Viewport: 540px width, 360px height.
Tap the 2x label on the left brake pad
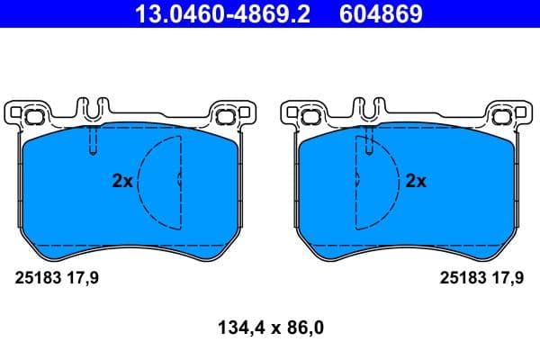pos(121,181)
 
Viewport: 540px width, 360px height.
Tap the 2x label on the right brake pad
pos(415,181)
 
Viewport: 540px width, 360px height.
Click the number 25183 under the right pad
pos(461,279)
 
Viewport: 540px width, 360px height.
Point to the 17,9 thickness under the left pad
pos(83,279)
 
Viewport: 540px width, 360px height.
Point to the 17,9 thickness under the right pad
pos(507,279)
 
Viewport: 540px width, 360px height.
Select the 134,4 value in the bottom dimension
pos(230,328)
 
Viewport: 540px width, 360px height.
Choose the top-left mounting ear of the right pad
pos(304,114)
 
